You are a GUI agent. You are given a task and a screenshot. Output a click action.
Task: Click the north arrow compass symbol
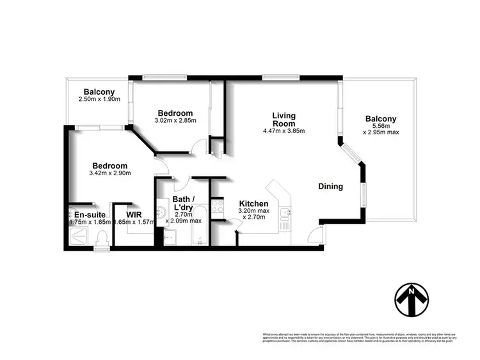point(410,299)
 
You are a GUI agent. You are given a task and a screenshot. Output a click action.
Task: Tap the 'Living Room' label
point(284,120)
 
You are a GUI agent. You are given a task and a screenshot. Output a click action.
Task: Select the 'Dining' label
point(331,187)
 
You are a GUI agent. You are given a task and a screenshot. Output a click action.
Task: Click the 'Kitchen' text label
point(253,203)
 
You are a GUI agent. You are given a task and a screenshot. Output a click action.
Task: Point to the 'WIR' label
point(134,214)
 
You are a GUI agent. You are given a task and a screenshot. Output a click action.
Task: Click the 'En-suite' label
point(89,214)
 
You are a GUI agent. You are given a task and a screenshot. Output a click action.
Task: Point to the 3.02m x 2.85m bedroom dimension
point(175,120)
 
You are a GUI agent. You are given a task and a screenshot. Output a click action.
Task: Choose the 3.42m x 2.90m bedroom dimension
point(109,173)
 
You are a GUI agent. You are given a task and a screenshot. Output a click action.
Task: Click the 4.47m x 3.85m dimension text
point(284,131)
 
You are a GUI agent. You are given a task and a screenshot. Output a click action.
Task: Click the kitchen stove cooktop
point(217,207)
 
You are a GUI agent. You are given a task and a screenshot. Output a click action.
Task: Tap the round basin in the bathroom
point(163,212)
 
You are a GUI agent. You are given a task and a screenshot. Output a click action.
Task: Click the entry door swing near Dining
point(316,236)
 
